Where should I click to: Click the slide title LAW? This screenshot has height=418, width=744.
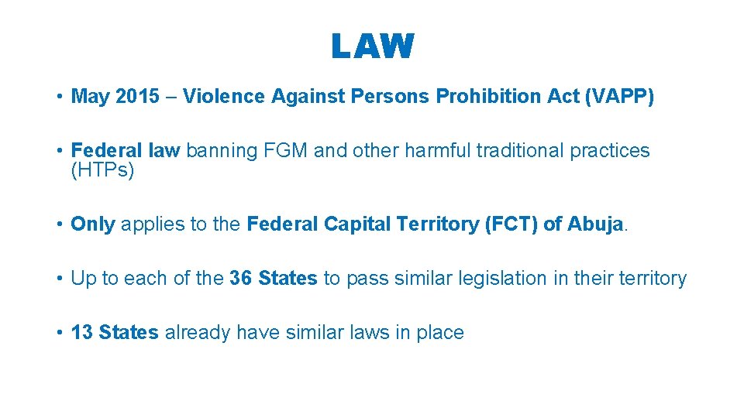click(373, 46)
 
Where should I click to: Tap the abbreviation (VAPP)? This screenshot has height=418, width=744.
click(620, 97)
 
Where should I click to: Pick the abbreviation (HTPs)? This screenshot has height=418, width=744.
click(102, 170)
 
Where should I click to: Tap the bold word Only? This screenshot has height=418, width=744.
click(93, 224)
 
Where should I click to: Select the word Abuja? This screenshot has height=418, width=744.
click(595, 224)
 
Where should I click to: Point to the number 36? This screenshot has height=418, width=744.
click(241, 279)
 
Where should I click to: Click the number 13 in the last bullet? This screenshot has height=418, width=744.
click(81, 333)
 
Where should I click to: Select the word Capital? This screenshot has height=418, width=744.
click(360, 224)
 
